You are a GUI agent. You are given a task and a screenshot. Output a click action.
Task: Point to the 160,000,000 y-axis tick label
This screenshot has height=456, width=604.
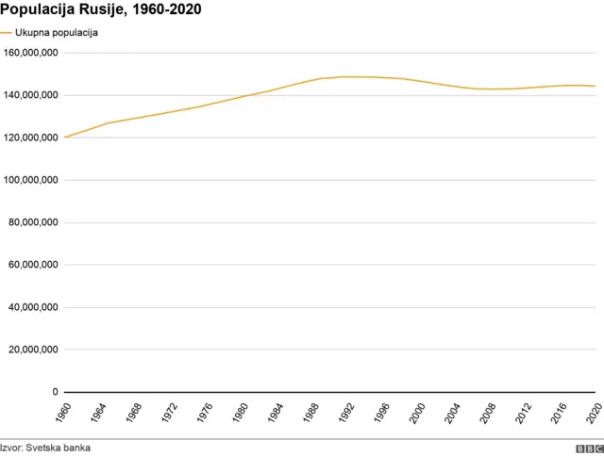[x=31, y=53]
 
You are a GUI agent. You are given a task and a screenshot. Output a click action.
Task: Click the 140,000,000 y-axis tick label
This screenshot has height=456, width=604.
[x=31, y=95]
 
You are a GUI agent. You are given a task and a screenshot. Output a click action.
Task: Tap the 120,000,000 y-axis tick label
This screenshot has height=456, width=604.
[x=31, y=138]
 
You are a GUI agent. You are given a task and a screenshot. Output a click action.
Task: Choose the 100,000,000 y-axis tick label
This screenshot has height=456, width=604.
[x=31, y=180]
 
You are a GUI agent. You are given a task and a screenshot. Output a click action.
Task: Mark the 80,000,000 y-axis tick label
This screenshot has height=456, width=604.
[x=34, y=222]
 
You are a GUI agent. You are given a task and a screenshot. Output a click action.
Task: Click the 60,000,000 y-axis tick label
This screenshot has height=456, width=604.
[x=34, y=265]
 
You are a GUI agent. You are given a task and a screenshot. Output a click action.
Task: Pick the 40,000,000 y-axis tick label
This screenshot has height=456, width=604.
[x=34, y=307]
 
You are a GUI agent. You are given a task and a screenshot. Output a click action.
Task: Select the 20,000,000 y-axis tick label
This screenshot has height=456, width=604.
[x=34, y=350]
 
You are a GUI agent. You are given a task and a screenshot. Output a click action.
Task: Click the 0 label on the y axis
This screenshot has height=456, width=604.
[x=55, y=392]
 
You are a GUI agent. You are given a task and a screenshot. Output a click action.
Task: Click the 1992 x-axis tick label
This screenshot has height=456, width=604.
[x=349, y=414]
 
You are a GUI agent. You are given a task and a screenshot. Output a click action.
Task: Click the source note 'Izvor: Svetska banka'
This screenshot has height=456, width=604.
[x=45, y=448]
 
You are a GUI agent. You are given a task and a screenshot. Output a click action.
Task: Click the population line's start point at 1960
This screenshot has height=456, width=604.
[x=64, y=138]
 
